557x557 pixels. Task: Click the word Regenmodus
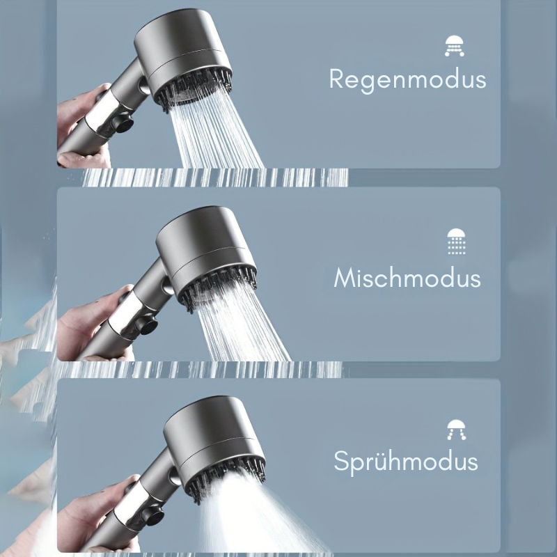407,79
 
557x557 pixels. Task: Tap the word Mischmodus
407,278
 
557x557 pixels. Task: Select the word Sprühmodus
406,462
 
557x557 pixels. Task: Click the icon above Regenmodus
455,45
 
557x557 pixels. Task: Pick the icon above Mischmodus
457,241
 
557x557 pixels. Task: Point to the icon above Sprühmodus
456,430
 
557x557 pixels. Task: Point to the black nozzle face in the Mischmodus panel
219,285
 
